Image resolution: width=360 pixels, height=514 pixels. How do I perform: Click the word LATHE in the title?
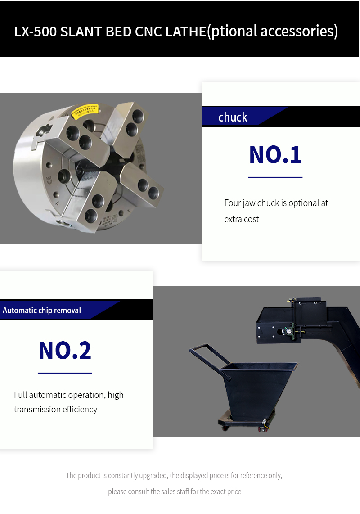pyautogui.click(x=186, y=32)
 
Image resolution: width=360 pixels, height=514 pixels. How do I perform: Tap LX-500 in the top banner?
pyautogui.click(x=36, y=32)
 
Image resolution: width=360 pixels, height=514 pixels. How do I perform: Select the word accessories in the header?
pyautogui.click(x=299, y=31)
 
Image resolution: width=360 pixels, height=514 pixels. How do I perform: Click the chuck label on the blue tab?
pyautogui.click(x=233, y=117)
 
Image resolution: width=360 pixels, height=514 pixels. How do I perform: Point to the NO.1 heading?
pyautogui.click(x=275, y=154)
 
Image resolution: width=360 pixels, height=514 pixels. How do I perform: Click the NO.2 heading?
pyautogui.click(x=65, y=351)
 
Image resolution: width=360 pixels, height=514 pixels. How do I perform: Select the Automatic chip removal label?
pyautogui.click(x=42, y=310)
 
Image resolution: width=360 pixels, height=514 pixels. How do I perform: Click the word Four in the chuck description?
pyautogui.click(x=233, y=203)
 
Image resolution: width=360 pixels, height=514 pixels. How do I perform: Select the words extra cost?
pyautogui.click(x=242, y=219)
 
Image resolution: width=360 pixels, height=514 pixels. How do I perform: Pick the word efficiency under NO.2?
pyautogui.click(x=80, y=410)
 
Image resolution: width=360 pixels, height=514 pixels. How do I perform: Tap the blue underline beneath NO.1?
pyautogui.click(x=275, y=177)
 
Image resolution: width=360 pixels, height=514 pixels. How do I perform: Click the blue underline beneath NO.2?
pyautogui.click(x=65, y=373)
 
